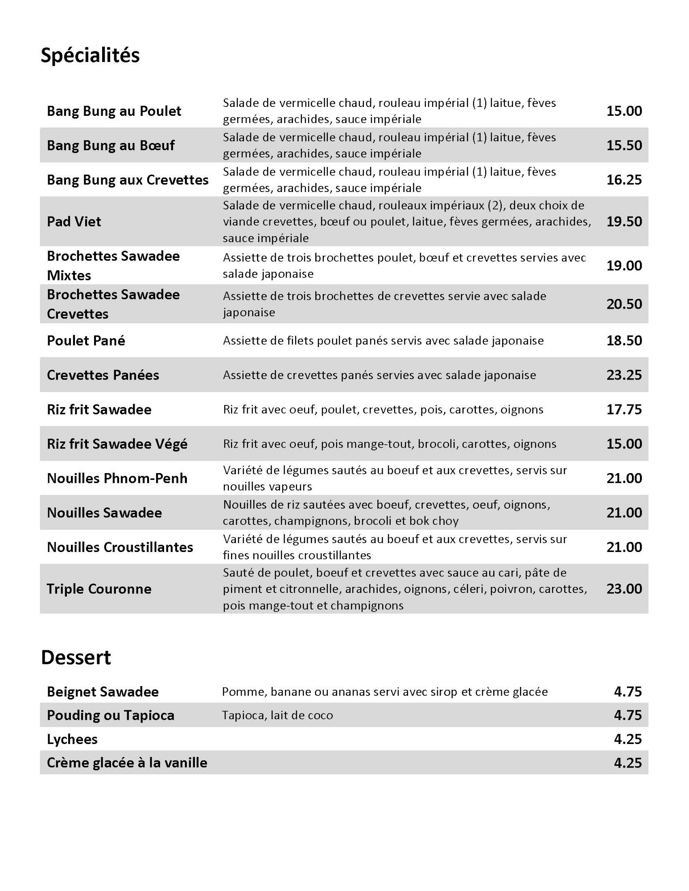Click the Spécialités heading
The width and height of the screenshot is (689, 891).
point(90,56)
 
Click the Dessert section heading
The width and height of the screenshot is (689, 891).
point(76,658)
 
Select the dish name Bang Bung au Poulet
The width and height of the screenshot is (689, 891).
point(114,111)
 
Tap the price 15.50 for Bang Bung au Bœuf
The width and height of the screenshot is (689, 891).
point(624,145)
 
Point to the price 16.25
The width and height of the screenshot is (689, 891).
point(624,180)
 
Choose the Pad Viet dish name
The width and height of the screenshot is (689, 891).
point(74,221)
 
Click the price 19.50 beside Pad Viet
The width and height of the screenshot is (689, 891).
point(624,221)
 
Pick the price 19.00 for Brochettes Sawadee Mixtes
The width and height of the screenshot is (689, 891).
point(624,266)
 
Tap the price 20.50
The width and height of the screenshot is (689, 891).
point(624,304)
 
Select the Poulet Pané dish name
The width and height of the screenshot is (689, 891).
point(86,340)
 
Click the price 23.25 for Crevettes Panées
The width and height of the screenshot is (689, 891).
point(624,375)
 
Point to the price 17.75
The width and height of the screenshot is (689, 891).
point(624,409)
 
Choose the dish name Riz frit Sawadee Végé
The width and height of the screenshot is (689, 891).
point(117,444)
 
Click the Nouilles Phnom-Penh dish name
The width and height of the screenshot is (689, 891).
point(117,478)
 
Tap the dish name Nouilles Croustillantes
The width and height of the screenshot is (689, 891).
point(120,547)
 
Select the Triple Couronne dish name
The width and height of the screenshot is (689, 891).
point(99,589)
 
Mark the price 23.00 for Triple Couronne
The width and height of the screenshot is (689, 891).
point(624,589)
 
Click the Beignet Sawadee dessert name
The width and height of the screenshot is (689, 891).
point(103,692)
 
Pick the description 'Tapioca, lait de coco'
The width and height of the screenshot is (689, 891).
point(277,715)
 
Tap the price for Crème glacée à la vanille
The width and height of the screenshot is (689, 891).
point(627,763)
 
